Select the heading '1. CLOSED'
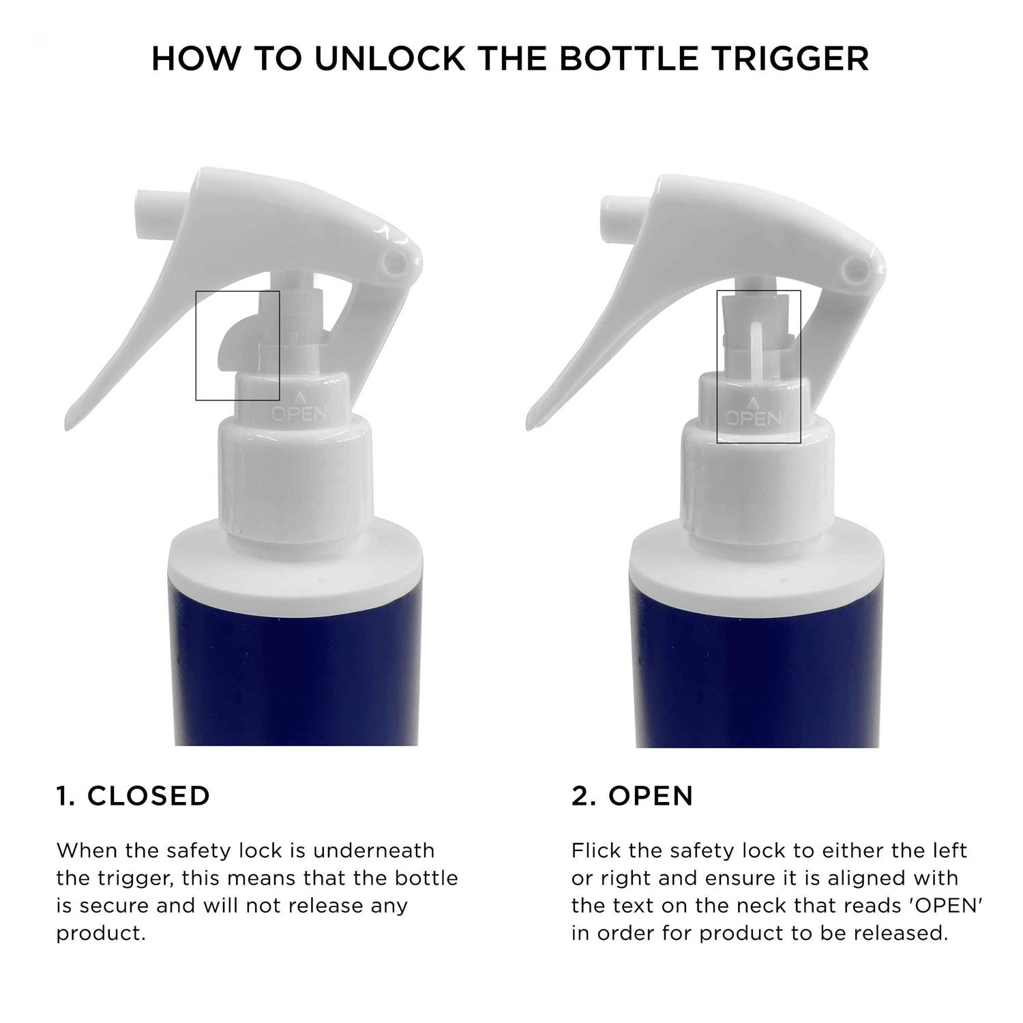[x=133, y=796]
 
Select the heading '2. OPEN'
[x=632, y=796]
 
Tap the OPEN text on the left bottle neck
[x=299, y=413]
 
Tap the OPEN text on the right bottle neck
[x=752, y=417]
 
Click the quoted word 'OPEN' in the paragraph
[x=947, y=906]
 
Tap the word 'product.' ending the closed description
[x=102, y=934]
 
